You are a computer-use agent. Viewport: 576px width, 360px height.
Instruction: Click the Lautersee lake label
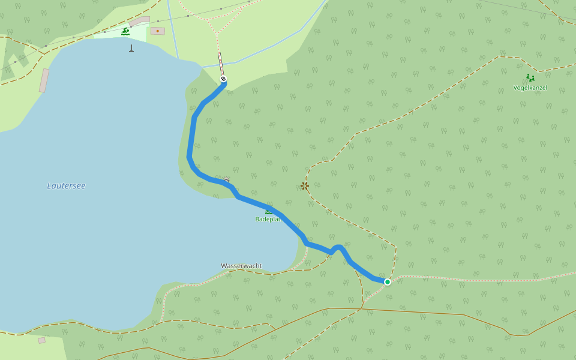point(66,186)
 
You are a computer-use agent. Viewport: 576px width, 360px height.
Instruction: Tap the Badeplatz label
point(269,219)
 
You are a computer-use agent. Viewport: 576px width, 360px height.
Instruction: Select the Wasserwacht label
point(241,266)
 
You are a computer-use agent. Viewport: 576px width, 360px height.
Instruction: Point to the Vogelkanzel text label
point(530,88)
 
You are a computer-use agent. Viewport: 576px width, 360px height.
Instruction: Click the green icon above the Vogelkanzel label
point(530,78)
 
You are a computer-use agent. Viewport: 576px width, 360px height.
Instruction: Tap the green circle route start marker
point(388,282)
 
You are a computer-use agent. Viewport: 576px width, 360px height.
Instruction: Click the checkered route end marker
point(223,79)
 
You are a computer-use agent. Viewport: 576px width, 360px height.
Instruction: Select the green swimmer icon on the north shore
point(125,31)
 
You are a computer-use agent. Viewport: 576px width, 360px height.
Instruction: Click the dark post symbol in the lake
point(131,49)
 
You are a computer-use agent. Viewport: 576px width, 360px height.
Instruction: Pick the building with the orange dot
point(158,31)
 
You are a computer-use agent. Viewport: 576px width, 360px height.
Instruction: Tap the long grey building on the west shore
point(44,80)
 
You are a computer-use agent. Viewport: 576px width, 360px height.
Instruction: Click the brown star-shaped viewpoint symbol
point(305,186)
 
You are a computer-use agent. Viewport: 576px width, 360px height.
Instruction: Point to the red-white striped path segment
point(221,64)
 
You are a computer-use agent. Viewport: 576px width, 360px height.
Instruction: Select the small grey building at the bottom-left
point(41,340)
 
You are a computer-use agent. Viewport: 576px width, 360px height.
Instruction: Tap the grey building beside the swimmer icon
point(139,22)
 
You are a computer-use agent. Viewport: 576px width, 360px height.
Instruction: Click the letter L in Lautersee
point(49,186)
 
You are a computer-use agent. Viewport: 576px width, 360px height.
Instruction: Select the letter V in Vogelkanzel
point(515,88)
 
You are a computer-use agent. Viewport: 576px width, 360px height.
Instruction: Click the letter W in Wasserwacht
point(224,266)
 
